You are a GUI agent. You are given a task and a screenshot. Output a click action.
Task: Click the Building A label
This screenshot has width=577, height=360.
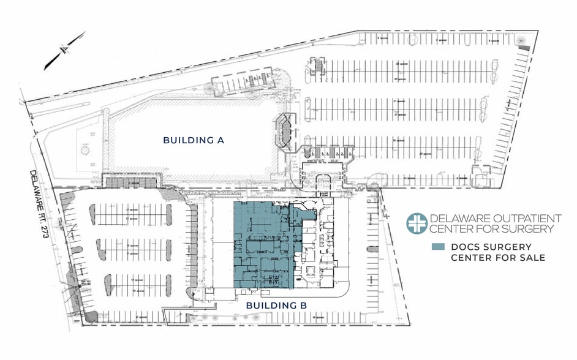pyautogui.click(x=194, y=140)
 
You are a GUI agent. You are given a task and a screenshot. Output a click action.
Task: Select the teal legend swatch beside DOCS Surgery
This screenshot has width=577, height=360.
pyautogui.click(x=437, y=247)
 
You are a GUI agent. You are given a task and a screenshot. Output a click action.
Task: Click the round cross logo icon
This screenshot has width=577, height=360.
pyautogui.click(x=417, y=223)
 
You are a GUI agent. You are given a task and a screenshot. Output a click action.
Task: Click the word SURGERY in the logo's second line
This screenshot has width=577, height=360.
pyautogui.click(x=532, y=229)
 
